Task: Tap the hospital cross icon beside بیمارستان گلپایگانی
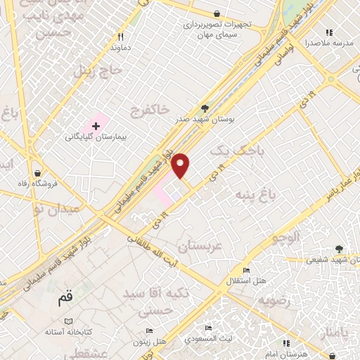tap(96, 124)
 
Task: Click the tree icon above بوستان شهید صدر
tap(205, 108)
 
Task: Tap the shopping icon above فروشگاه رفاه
tap(37, 173)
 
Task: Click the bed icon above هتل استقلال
tap(245, 270)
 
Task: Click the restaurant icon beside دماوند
tap(122, 37)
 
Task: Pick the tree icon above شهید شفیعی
tap(339, 248)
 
